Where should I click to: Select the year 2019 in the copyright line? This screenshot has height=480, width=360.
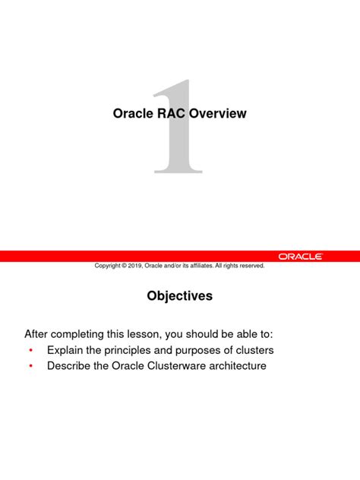click(137, 266)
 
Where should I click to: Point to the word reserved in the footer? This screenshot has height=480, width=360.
click(251, 266)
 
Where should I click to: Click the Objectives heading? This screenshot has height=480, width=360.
click(180, 297)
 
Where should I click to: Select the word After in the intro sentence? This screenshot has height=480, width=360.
click(37, 333)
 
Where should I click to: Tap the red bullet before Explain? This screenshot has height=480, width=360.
click(30, 351)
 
